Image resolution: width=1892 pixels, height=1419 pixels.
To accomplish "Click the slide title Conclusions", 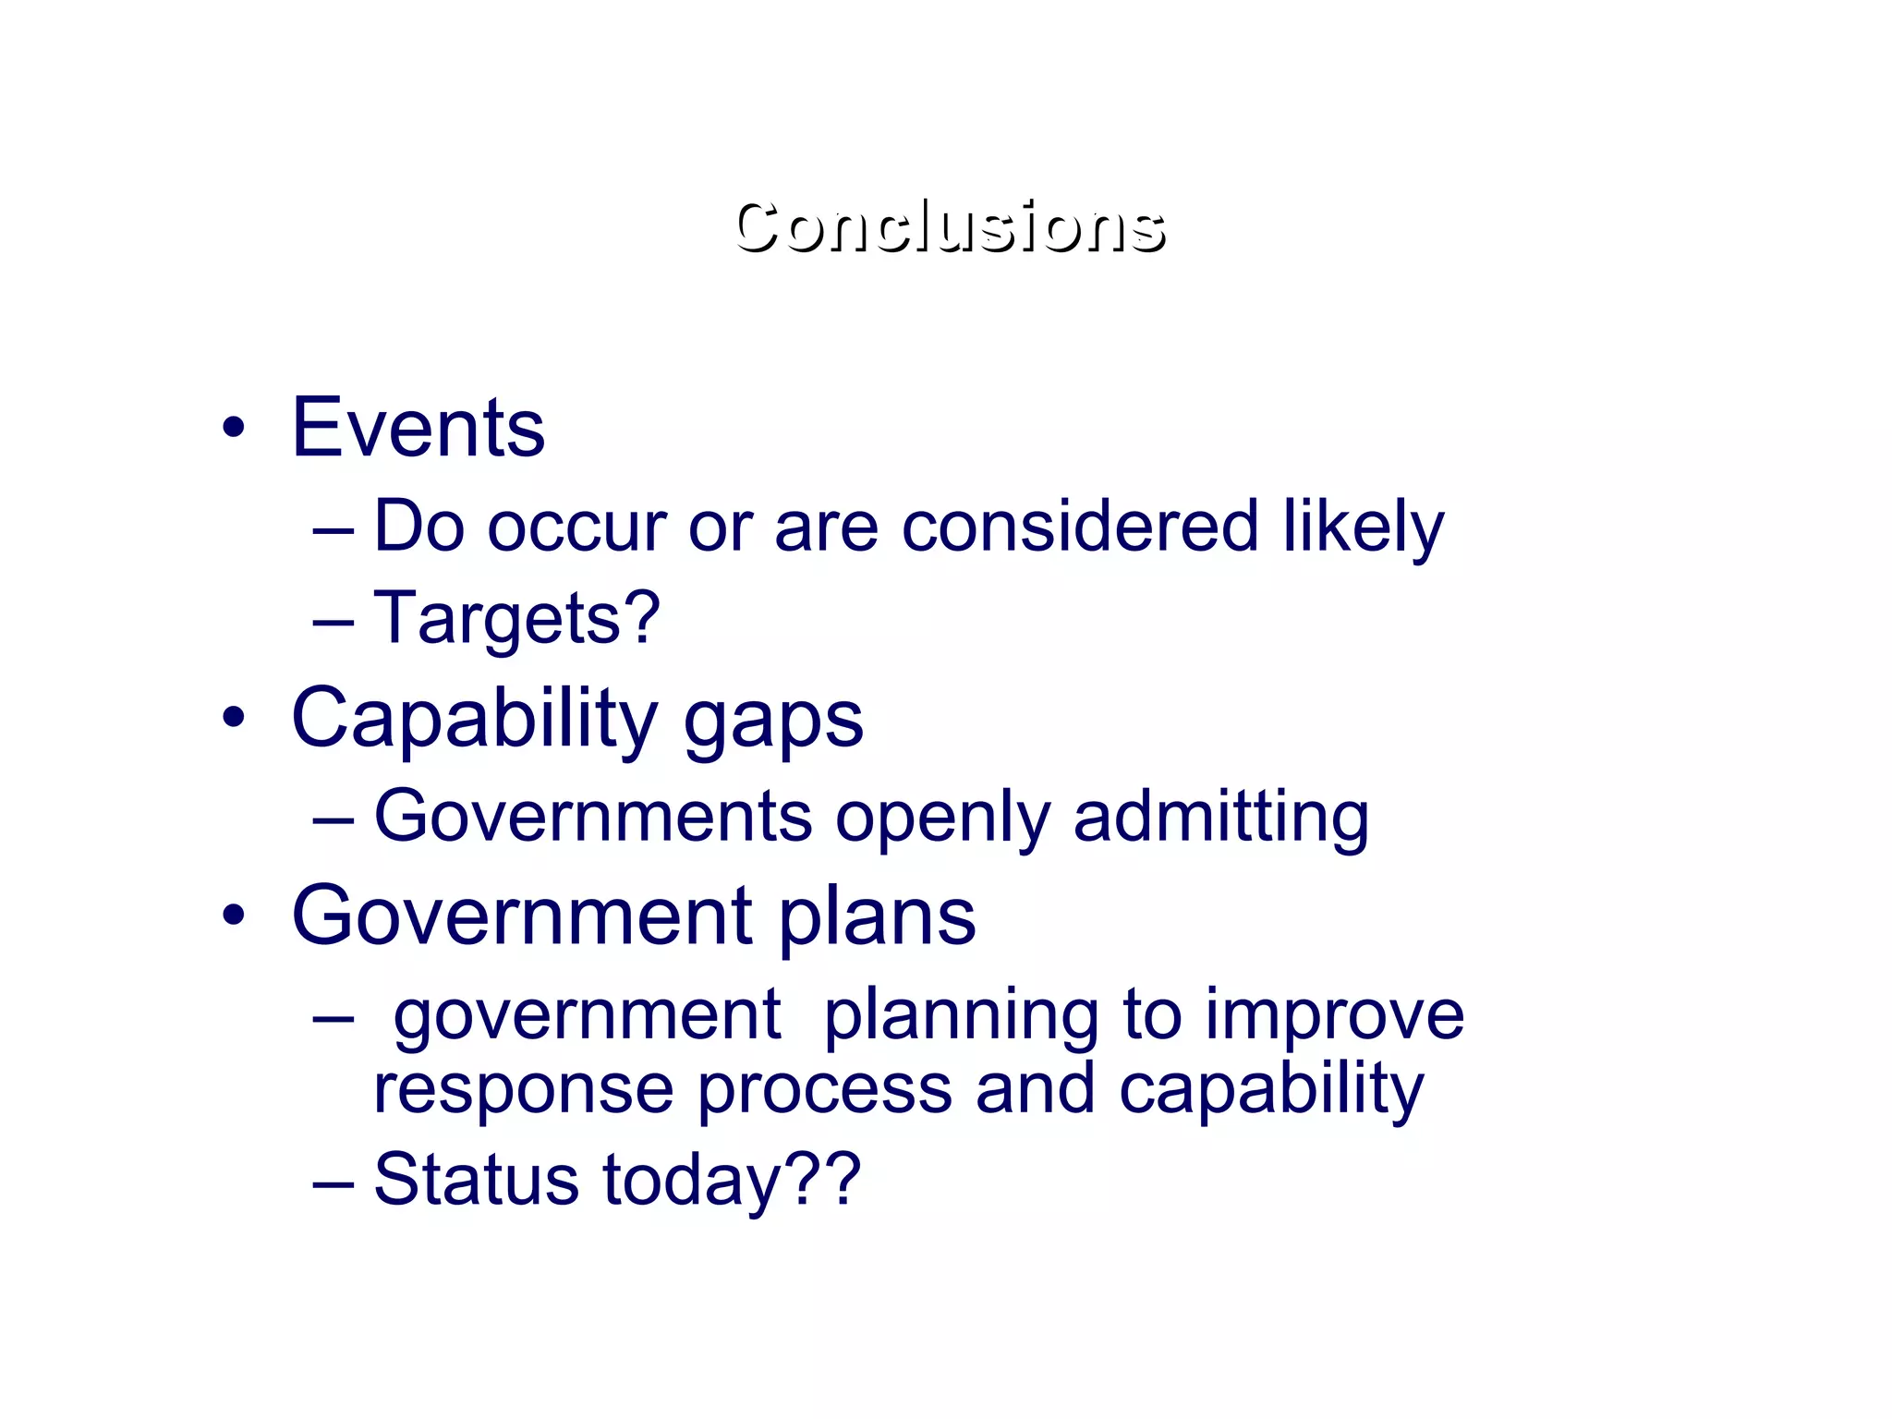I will coord(950,227).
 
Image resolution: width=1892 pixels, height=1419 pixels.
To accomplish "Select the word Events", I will coord(418,428).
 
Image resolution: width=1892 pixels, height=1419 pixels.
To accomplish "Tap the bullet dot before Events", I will coord(234,428).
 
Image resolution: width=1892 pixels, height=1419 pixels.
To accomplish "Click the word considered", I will coord(1079,527).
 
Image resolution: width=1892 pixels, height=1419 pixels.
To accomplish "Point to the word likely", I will coord(1363,527).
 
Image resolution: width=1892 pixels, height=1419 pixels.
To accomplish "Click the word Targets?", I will coord(516,618).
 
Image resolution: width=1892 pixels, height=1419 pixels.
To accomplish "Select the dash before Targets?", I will coord(334,623).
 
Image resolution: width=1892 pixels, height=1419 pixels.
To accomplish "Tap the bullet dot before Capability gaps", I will coord(234,717).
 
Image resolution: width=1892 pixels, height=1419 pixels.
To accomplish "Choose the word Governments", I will coord(592,817).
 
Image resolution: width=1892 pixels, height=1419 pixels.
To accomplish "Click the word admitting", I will coord(1220,817).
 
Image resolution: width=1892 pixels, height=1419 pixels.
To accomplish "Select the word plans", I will coord(877,917).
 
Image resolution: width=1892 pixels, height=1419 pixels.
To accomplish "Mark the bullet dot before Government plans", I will coord(234,915).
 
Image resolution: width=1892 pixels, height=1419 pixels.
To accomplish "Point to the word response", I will coord(523,1090).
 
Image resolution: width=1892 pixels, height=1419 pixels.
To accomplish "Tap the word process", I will coord(824,1090).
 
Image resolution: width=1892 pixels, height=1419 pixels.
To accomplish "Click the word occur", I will coord(576,527).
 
